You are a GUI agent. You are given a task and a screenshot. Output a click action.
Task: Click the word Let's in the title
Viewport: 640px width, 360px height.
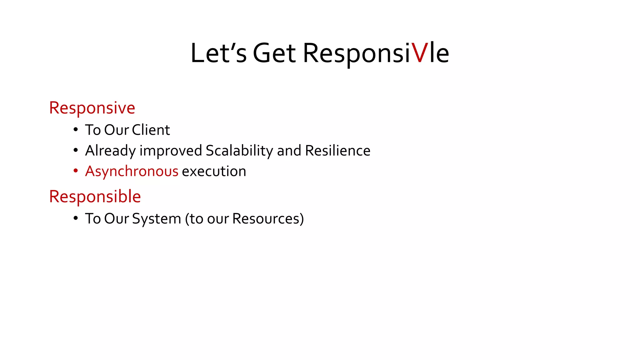tap(218, 53)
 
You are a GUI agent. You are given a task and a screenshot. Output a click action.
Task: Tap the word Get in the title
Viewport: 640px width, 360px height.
tap(274, 53)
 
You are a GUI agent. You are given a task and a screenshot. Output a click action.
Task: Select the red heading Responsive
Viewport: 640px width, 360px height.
tap(92, 108)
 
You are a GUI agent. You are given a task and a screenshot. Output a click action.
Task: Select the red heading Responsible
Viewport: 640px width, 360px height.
tap(95, 197)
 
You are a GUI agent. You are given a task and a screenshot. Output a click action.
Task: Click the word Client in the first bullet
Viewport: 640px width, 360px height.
tap(151, 130)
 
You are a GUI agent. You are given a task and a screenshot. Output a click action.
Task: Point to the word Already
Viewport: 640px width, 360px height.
tap(110, 151)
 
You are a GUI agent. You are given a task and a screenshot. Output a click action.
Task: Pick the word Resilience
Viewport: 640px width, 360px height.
tap(337, 151)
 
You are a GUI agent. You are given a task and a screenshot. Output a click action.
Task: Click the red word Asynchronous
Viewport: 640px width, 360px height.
tap(132, 172)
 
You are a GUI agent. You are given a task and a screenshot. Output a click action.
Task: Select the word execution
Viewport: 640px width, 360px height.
tap(214, 172)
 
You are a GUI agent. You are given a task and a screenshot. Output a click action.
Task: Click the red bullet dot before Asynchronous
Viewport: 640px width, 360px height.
tap(76, 171)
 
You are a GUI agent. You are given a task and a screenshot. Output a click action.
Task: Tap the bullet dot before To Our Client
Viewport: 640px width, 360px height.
tap(76, 129)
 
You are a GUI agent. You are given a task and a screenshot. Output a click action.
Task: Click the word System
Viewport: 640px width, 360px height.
tap(157, 219)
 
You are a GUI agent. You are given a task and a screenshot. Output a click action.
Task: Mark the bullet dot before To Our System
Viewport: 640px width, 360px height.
tap(76, 218)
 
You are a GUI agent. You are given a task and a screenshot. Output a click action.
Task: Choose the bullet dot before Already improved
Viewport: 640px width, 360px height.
tap(76, 150)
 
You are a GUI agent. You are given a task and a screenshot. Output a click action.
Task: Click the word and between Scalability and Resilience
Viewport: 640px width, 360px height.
tap(289, 151)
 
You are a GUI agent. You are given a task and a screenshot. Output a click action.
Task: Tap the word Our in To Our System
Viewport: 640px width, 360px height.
tap(116, 219)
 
